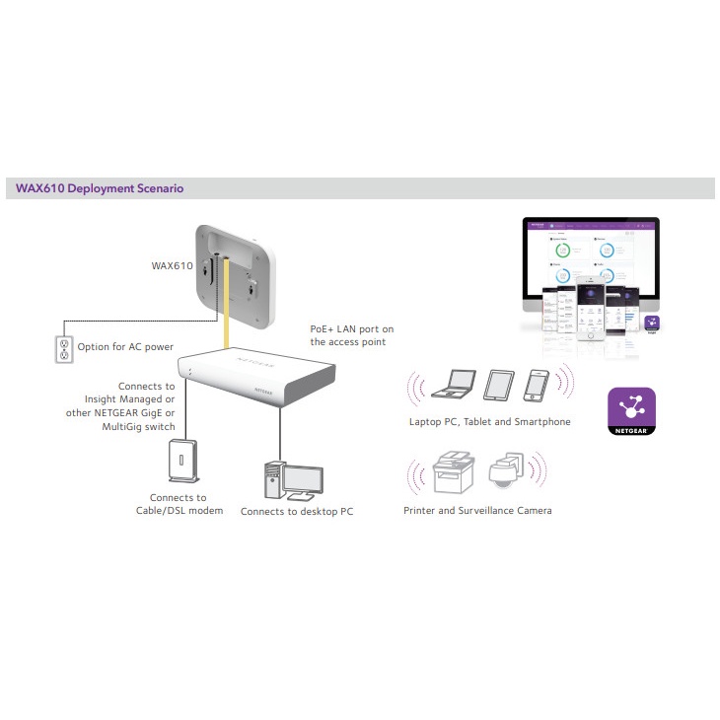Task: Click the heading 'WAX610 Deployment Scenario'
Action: coord(99,187)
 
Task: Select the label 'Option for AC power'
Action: coord(125,347)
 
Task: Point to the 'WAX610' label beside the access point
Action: coord(172,265)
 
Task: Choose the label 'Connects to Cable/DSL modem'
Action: coord(179,504)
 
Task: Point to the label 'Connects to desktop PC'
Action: coord(296,511)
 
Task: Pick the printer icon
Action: coord(455,473)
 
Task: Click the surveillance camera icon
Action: coord(509,473)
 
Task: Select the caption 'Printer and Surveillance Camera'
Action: coord(477,511)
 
